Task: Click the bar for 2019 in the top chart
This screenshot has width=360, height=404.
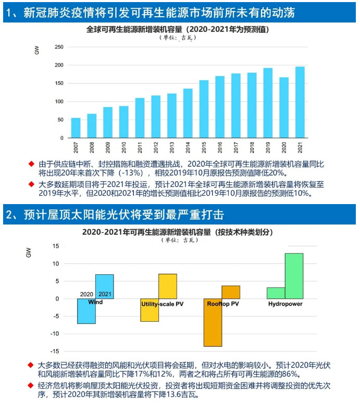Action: tap(268, 104)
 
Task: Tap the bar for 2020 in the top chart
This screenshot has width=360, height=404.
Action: tap(284, 108)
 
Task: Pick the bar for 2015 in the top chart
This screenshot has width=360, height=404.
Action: tap(204, 110)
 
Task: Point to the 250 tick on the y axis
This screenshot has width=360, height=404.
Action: tap(59, 47)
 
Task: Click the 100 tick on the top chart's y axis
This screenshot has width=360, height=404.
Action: tap(59, 102)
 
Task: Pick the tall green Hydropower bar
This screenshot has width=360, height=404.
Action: tap(294, 276)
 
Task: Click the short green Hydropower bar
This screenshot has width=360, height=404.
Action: tap(276, 293)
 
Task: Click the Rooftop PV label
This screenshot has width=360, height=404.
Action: tap(223, 303)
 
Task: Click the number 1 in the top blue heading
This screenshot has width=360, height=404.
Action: tap(9, 13)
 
